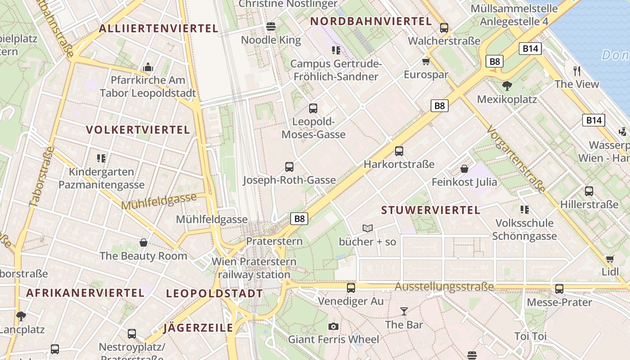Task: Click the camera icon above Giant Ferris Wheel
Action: [x=333, y=326]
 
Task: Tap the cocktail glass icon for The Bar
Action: [x=404, y=311]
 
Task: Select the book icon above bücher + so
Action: [x=368, y=229]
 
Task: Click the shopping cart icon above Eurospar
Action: [x=426, y=61]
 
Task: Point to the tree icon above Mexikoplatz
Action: [x=507, y=85]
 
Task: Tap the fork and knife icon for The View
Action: [x=577, y=71]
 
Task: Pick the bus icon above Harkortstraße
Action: [x=399, y=151]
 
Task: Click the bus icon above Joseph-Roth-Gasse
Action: [x=289, y=167]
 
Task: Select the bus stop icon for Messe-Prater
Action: [x=559, y=289]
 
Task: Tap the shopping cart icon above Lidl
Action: [x=610, y=259]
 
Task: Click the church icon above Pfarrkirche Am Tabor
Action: [x=148, y=67]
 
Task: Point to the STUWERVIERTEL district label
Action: [x=431, y=210]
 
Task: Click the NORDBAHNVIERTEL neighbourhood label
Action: [x=371, y=21]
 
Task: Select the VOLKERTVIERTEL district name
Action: [x=138, y=130]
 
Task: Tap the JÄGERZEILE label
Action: [x=198, y=328]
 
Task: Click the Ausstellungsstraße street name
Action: [x=444, y=287]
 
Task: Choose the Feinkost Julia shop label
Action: [x=464, y=182]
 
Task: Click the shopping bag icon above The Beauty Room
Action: [x=144, y=243]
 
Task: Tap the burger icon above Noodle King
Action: [x=271, y=27]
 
